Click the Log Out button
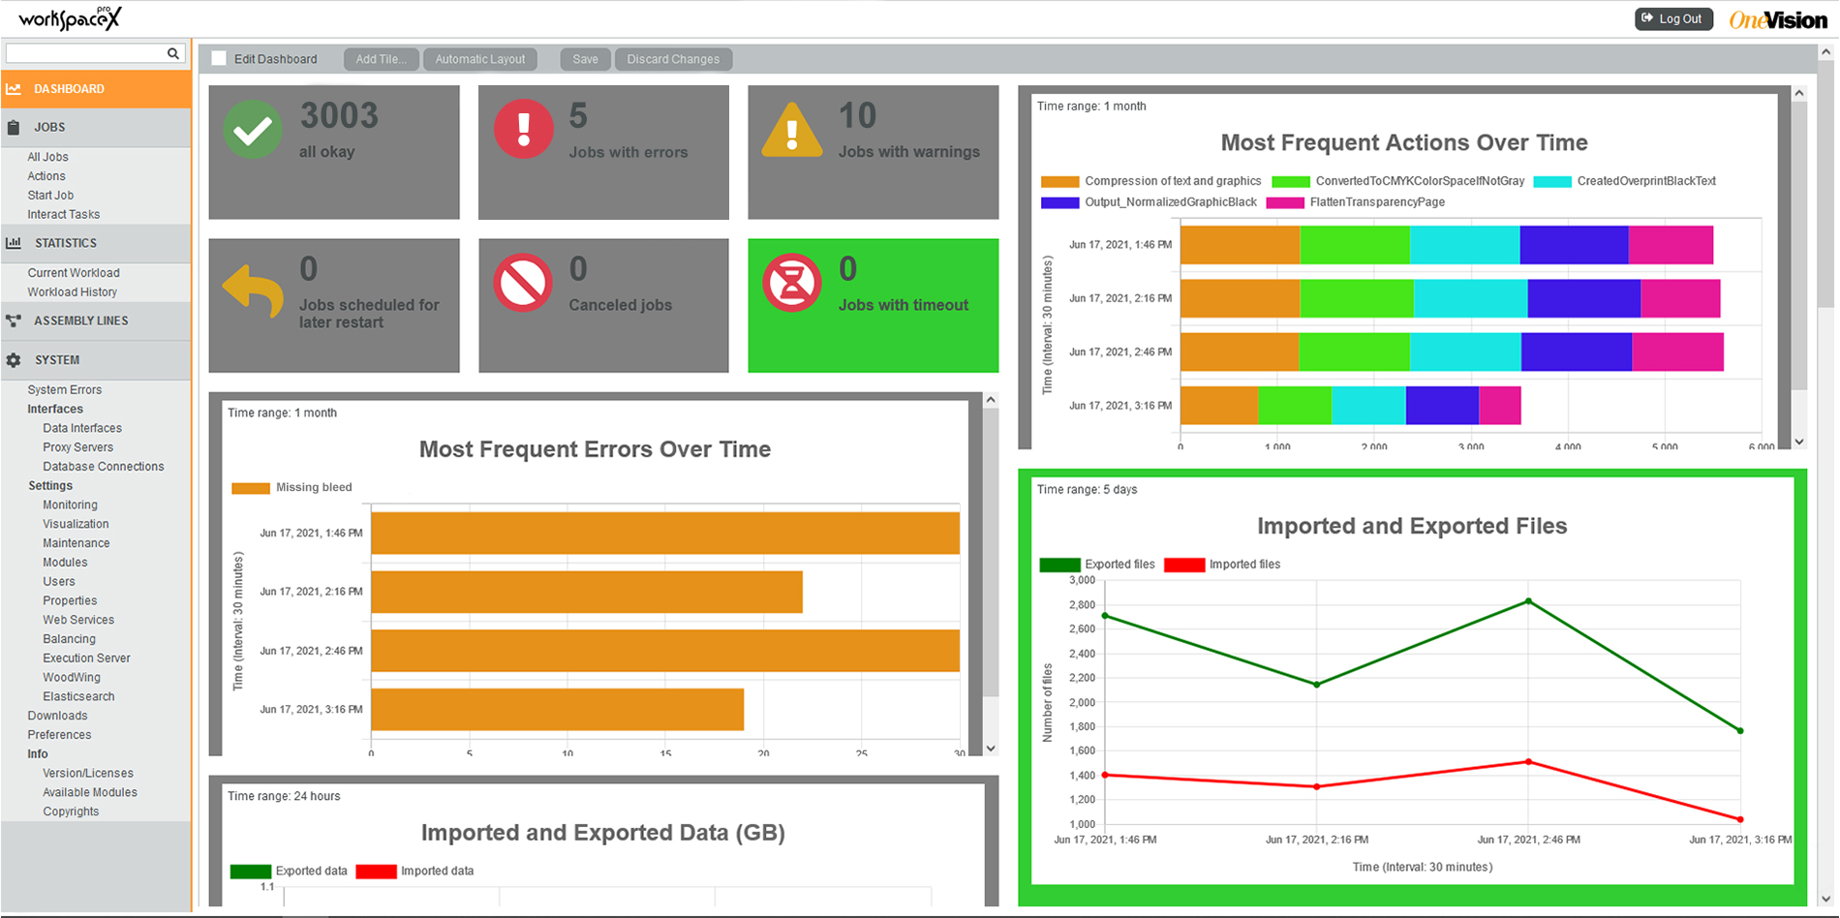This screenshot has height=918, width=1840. (1673, 18)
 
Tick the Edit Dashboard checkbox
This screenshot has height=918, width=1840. (219, 58)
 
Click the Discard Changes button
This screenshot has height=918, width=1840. (673, 59)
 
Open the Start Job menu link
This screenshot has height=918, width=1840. (50, 195)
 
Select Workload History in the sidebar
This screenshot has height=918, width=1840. (72, 291)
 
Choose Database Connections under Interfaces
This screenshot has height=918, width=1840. (103, 466)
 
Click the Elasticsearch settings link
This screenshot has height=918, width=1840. (78, 696)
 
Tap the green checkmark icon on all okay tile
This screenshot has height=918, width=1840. (253, 130)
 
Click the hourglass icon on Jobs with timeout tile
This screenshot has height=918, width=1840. (791, 283)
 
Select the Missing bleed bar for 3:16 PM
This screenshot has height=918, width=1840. (557, 710)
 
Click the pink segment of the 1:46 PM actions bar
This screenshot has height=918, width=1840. (1671, 245)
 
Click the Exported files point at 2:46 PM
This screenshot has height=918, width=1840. (1528, 601)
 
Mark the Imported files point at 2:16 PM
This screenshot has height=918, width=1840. (1316, 786)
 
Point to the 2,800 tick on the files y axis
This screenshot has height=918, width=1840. (1082, 604)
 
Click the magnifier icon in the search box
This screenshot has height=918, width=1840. (173, 53)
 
